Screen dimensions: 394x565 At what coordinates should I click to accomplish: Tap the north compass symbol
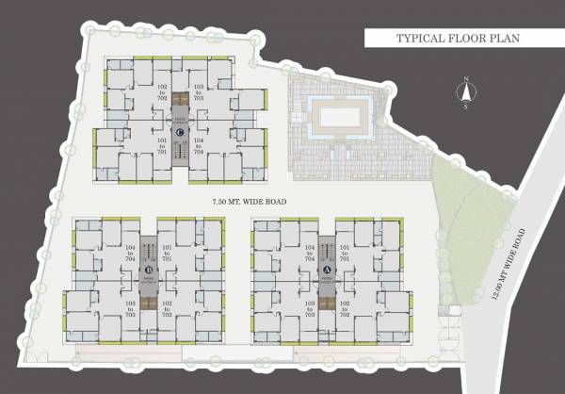[x=463, y=93]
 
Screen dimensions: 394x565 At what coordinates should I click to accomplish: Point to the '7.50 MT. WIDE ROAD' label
[x=249, y=202]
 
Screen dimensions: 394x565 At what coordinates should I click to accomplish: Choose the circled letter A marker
[x=326, y=269]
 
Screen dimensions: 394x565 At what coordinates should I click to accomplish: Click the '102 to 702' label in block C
[x=162, y=91]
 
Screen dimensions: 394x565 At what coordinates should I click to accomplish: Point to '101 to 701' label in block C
[x=162, y=146]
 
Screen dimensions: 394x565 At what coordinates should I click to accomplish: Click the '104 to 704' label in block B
[x=130, y=252]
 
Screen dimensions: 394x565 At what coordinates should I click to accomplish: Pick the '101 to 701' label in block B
[x=168, y=252]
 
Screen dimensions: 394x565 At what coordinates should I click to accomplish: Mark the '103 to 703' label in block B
[x=130, y=308]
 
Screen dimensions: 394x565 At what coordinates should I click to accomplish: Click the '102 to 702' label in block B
[x=168, y=308]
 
